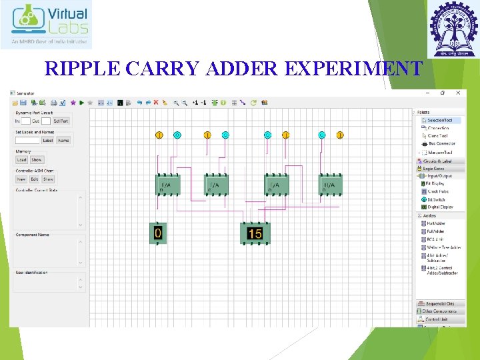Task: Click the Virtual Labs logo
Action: (46, 25)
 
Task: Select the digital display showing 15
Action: (255, 233)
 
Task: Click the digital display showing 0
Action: (158, 233)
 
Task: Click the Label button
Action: (48, 141)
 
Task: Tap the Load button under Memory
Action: (22, 160)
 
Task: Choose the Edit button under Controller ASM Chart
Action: (35, 179)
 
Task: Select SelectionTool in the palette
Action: (443, 120)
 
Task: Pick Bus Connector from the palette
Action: (441, 143)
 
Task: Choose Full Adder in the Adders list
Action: (437, 231)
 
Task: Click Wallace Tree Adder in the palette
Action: (443, 247)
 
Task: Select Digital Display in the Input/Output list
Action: (440, 207)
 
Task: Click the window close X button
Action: (460, 93)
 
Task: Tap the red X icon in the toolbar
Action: (156, 103)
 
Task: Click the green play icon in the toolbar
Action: (81, 103)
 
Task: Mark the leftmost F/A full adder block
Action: (167, 185)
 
